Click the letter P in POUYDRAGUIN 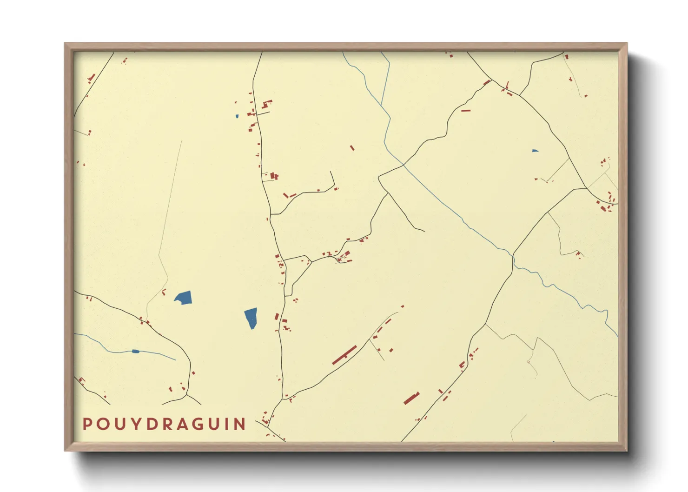pyautogui.click(x=86, y=424)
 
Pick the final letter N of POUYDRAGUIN pyautogui.click(x=240, y=424)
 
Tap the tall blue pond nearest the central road pyautogui.click(x=251, y=318)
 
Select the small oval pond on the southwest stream pyautogui.click(x=135, y=351)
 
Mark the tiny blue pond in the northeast pyautogui.click(x=535, y=151)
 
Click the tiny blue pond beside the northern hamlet pyautogui.click(x=237, y=116)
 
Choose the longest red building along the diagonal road pyautogui.click(x=344, y=355)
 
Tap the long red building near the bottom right pyautogui.click(x=411, y=398)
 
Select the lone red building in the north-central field pyautogui.click(x=352, y=148)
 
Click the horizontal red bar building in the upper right pyautogui.click(x=466, y=111)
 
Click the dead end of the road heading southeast pyautogui.click(x=424, y=231)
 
